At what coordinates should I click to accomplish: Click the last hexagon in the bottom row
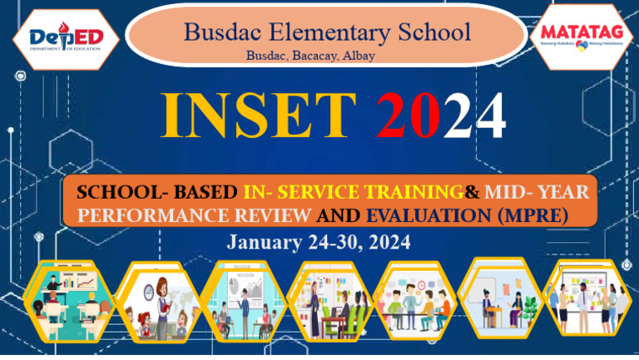pos(587,298)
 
